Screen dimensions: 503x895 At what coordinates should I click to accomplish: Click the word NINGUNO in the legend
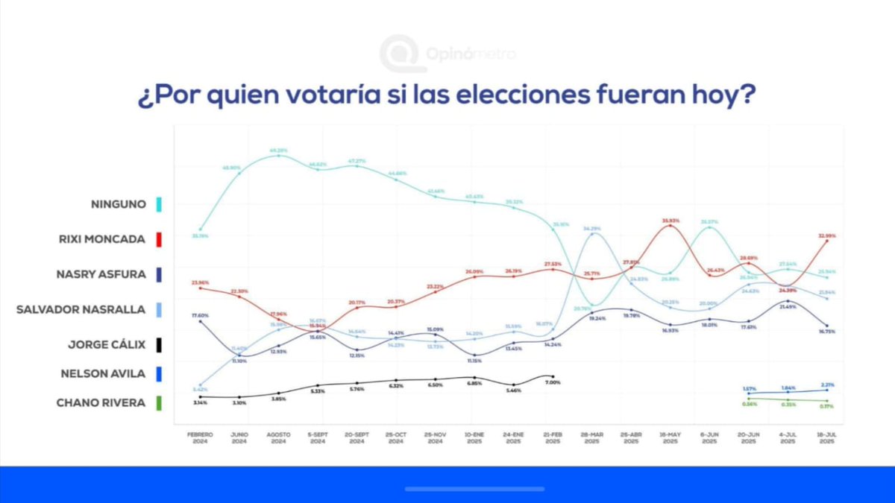click(x=119, y=203)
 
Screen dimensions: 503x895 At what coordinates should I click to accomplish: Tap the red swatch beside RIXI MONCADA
click(x=160, y=239)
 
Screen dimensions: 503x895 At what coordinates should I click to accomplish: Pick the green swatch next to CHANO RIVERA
click(x=160, y=403)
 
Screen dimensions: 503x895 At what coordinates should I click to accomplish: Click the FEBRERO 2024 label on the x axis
click(x=200, y=437)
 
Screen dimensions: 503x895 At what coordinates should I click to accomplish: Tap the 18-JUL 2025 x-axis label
click(x=826, y=437)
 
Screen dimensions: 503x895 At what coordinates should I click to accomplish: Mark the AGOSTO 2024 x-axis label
click(x=278, y=437)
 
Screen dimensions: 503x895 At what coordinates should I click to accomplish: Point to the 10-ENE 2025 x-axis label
click(x=474, y=437)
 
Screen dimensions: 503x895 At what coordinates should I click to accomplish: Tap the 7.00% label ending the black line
click(x=553, y=382)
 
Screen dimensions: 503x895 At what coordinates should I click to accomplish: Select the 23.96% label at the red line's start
click(x=200, y=282)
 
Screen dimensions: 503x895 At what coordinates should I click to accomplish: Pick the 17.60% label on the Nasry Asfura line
click(x=200, y=315)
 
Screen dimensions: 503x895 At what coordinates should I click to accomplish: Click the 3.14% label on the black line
click(x=200, y=402)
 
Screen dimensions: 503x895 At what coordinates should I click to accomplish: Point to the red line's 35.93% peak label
click(x=669, y=221)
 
